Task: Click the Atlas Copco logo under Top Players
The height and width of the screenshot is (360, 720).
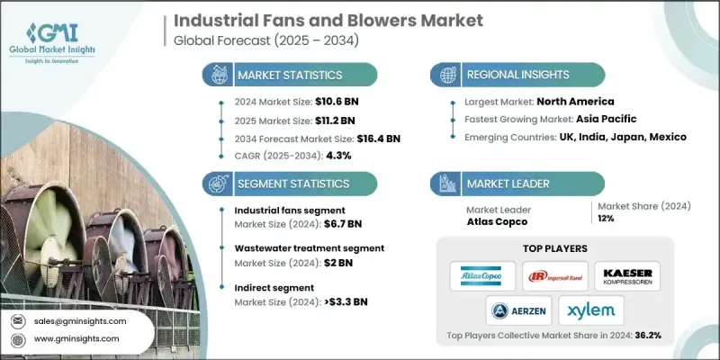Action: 482,275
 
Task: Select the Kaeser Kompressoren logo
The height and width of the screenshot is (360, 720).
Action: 628,275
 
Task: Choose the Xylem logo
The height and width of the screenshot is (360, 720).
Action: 595,311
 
